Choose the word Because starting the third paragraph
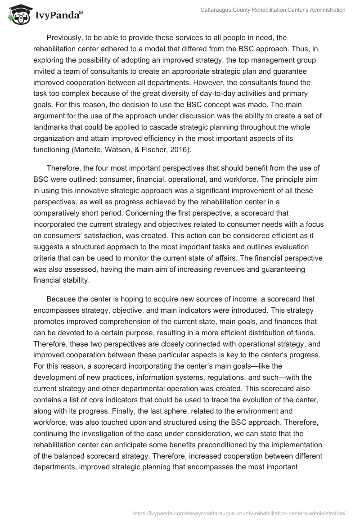(61, 299)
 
